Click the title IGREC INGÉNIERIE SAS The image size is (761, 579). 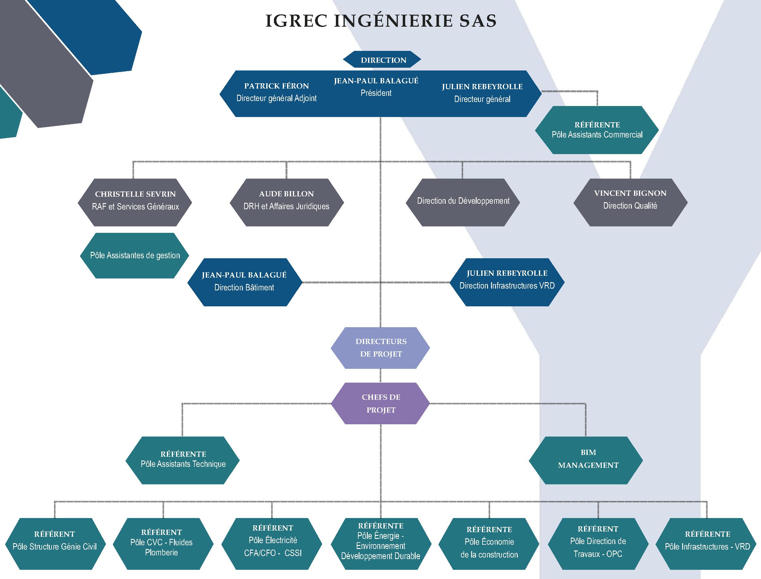click(381, 21)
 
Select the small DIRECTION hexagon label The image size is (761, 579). click(382, 60)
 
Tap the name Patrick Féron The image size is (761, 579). click(276, 86)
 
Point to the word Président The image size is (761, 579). click(376, 93)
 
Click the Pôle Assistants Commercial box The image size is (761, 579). click(597, 130)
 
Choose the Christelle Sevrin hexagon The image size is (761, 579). click(135, 202)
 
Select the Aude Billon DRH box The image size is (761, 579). click(287, 202)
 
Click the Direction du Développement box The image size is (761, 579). click(463, 202)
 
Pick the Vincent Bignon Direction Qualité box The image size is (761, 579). click(631, 202)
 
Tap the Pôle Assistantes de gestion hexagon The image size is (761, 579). click(135, 255)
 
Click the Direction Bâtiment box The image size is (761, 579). click(245, 282)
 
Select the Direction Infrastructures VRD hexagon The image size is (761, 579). click(507, 282)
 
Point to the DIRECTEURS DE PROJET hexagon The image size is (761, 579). click(380, 348)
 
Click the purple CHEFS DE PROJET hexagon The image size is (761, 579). click(380, 403)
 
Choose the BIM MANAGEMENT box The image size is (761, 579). click(586, 460)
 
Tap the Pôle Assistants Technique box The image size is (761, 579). click(183, 460)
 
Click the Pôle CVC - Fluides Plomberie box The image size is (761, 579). click(163, 544)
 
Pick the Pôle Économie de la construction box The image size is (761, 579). click(489, 544)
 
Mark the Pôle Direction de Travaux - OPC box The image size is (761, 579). click(598, 544)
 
